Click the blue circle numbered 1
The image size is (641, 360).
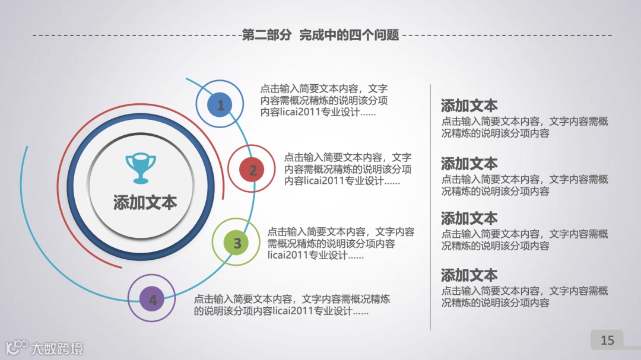point(220,105)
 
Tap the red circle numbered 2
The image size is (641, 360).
point(252,170)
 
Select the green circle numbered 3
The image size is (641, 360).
point(237,243)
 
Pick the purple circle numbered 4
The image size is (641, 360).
point(153,300)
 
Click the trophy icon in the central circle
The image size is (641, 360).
point(141,168)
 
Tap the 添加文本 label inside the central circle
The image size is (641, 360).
point(145,202)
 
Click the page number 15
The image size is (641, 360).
point(607,340)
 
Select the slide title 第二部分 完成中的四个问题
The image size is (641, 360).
point(320,35)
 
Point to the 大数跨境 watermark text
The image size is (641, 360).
point(57,348)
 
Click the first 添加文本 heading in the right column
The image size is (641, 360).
point(469,106)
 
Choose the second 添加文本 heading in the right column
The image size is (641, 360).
point(469,164)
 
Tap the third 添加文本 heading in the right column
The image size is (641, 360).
point(469,218)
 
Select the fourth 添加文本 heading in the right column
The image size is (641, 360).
point(469,275)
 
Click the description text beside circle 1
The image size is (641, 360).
point(324,100)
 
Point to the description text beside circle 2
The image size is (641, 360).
point(348,169)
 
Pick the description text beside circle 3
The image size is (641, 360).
point(340,243)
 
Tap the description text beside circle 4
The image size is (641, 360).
point(291,305)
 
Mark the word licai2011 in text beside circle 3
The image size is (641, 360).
point(290,256)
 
